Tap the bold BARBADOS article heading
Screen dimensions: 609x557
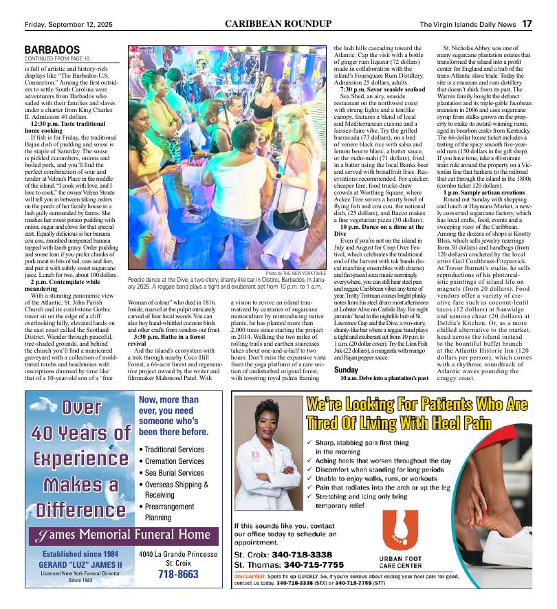[x=52, y=50]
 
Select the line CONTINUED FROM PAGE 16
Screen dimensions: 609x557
[x=57, y=59]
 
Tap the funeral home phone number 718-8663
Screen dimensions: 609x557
[x=178, y=575]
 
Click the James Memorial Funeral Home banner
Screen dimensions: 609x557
[x=124, y=535]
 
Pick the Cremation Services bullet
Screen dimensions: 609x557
[x=171, y=461]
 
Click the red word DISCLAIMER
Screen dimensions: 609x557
[x=250, y=575]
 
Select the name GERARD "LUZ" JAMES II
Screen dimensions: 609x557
[x=82, y=565]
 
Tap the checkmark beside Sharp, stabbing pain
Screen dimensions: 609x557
[x=311, y=443]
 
